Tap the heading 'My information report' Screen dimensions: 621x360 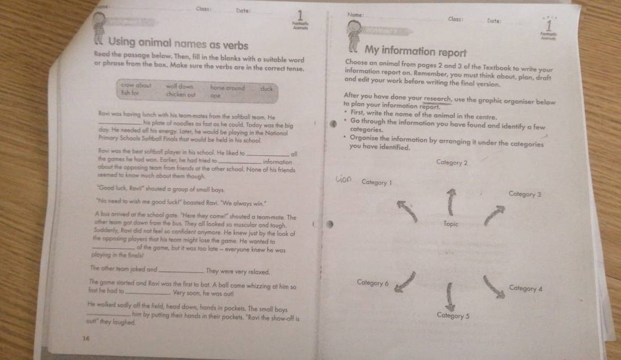416,51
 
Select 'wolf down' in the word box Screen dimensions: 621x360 179,87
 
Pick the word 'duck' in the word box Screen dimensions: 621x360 266,88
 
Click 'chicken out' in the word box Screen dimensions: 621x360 181,94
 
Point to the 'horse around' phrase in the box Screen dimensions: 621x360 227,88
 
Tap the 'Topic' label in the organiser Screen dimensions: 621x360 451,224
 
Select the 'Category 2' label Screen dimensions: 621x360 452,163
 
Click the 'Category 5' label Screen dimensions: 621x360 453,316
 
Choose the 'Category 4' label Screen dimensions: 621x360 526,288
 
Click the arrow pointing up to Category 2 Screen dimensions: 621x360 451,202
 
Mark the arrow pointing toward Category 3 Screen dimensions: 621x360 494,215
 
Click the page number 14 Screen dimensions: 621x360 86,337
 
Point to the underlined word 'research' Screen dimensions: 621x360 437,98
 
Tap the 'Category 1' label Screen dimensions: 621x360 377,182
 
